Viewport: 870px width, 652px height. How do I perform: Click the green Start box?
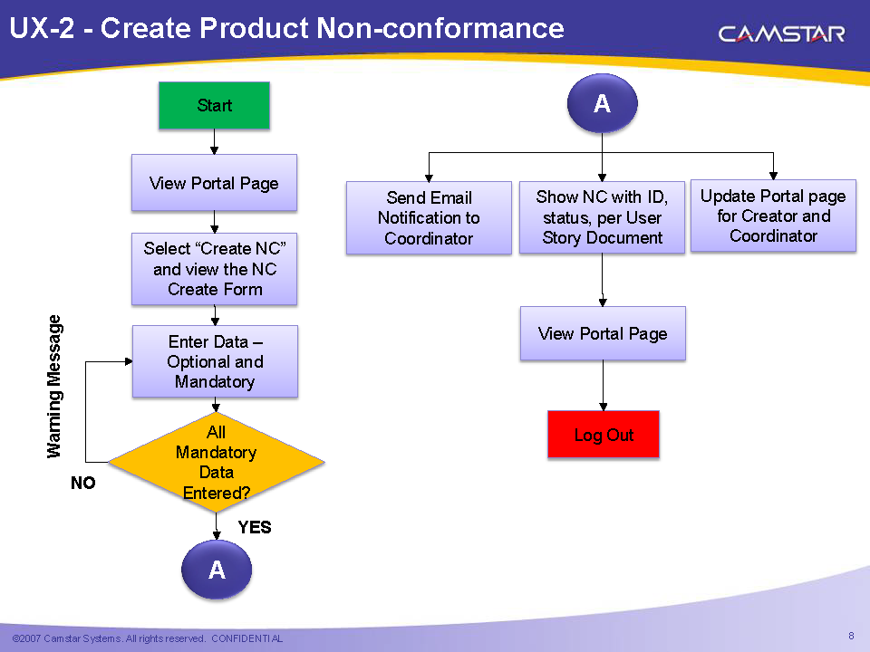tap(214, 105)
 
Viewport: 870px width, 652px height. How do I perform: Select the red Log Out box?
tap(604, 435)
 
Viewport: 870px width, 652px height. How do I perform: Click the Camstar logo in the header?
tap(781, 34)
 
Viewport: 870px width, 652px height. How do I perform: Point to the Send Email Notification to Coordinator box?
tap(429, 218)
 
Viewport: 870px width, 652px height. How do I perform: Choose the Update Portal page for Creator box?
tap(773, 216)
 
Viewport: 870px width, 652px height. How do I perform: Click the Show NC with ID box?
tap(602, 218)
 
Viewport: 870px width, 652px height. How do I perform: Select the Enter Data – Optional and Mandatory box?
tap(215, 361)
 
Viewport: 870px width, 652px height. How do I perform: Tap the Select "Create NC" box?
tap(215, 269)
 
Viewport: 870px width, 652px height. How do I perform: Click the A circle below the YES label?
tap(217, 570)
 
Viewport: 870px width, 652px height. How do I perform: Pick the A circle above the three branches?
tap(602, 104)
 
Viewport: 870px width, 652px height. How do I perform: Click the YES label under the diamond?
tap(255, 527)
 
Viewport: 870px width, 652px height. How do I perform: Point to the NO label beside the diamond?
tap(83, 484)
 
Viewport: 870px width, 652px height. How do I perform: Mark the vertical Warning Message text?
tap(55, 386)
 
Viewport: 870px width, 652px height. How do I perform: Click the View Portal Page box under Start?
tap(214, 183)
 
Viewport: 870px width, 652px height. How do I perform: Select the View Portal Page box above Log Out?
tap(603, 333)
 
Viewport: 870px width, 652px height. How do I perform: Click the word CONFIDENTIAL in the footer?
tap(246, 639)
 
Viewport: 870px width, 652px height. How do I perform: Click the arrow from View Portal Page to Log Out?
tap(603, 385)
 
